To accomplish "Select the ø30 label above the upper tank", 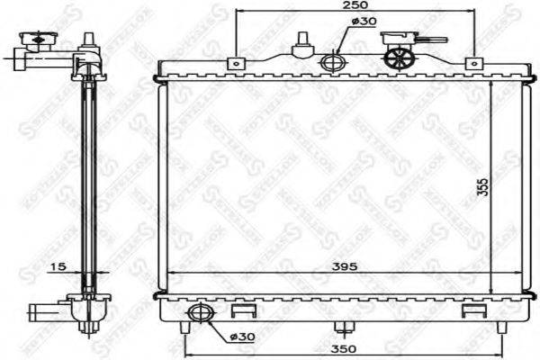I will (x=362, y=21).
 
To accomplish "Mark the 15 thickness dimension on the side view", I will (x=58, y=267).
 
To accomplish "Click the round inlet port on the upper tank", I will (x=332, y=63).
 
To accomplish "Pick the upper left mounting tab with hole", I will (x=236, y=62).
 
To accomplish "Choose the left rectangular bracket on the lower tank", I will (x=240, y=311).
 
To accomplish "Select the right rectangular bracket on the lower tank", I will (x=470, y=311).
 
